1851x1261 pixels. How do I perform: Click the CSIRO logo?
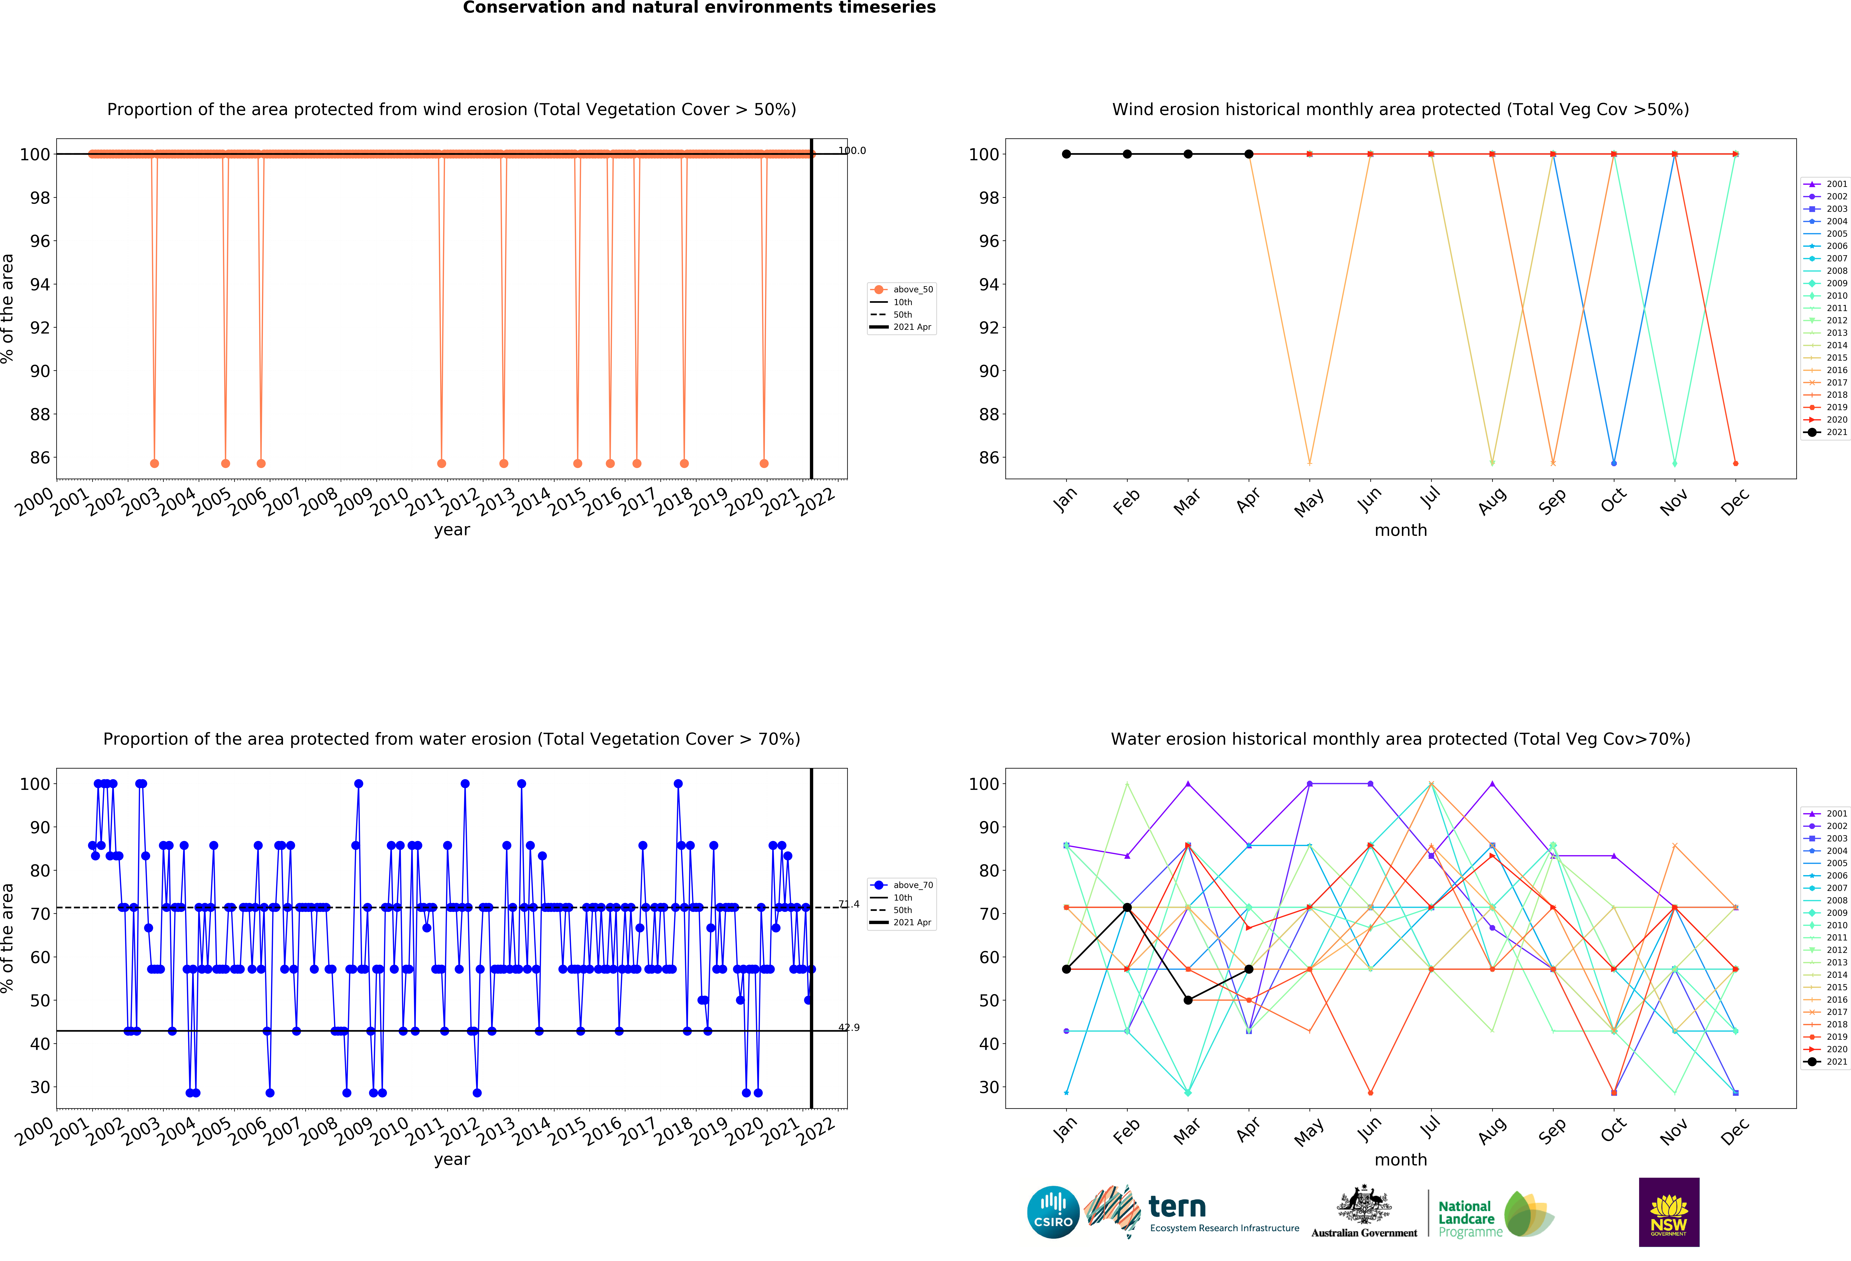pyautogui.click(x=1053, y=1212)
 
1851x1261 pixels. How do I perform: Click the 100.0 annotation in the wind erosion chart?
pyautogui.click(x=851, y=150)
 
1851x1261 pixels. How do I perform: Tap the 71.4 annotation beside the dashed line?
pyautogui.click(x=849, y=904)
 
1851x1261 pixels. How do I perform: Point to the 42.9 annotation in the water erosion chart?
pyautogui.click(x=849, y=1028)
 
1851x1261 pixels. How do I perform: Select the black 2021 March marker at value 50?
pyautogui.click(x=1187, y=1000)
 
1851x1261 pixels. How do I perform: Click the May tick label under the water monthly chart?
pyautogui.click(x=1309, y=1132)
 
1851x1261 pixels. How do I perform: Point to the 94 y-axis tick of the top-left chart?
pyautogui.click(x=40, y=284)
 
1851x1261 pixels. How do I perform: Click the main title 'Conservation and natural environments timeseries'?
pyautogui.click(x=699, y=8)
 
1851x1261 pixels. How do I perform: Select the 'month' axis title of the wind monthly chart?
pyautogui.click(x=1400, y=530)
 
